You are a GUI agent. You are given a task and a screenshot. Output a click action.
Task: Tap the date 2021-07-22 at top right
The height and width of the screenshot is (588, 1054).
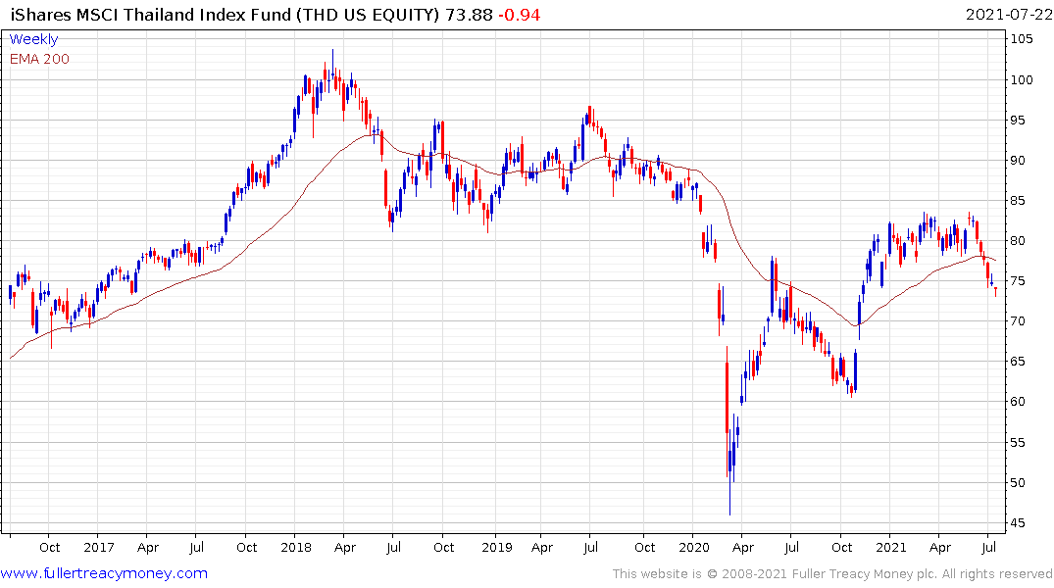(x=1007, y=15)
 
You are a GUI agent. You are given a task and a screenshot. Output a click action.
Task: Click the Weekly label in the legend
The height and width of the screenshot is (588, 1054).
(x=33, y=40)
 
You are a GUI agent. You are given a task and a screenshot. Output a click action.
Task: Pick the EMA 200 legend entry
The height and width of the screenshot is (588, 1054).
(x=39, y=59)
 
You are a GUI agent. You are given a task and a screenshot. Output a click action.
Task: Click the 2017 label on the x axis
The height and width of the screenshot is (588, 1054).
(x=98, y=548)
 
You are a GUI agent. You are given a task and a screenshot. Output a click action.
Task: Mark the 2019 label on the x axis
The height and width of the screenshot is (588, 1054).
(x=495, y=548)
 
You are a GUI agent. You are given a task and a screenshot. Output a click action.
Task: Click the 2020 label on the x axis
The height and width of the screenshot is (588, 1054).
(x=693, y=548)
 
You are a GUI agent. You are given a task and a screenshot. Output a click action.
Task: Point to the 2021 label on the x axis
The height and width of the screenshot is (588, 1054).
(x=890, y=548)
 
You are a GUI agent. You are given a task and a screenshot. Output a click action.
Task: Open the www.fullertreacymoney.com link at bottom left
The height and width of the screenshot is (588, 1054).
(x=104, y=573)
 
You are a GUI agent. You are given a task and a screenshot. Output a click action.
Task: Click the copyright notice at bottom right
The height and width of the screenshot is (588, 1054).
(x=832, y=573)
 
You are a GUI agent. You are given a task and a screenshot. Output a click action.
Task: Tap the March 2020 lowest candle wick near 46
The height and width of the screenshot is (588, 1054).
(x=729, y=511)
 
